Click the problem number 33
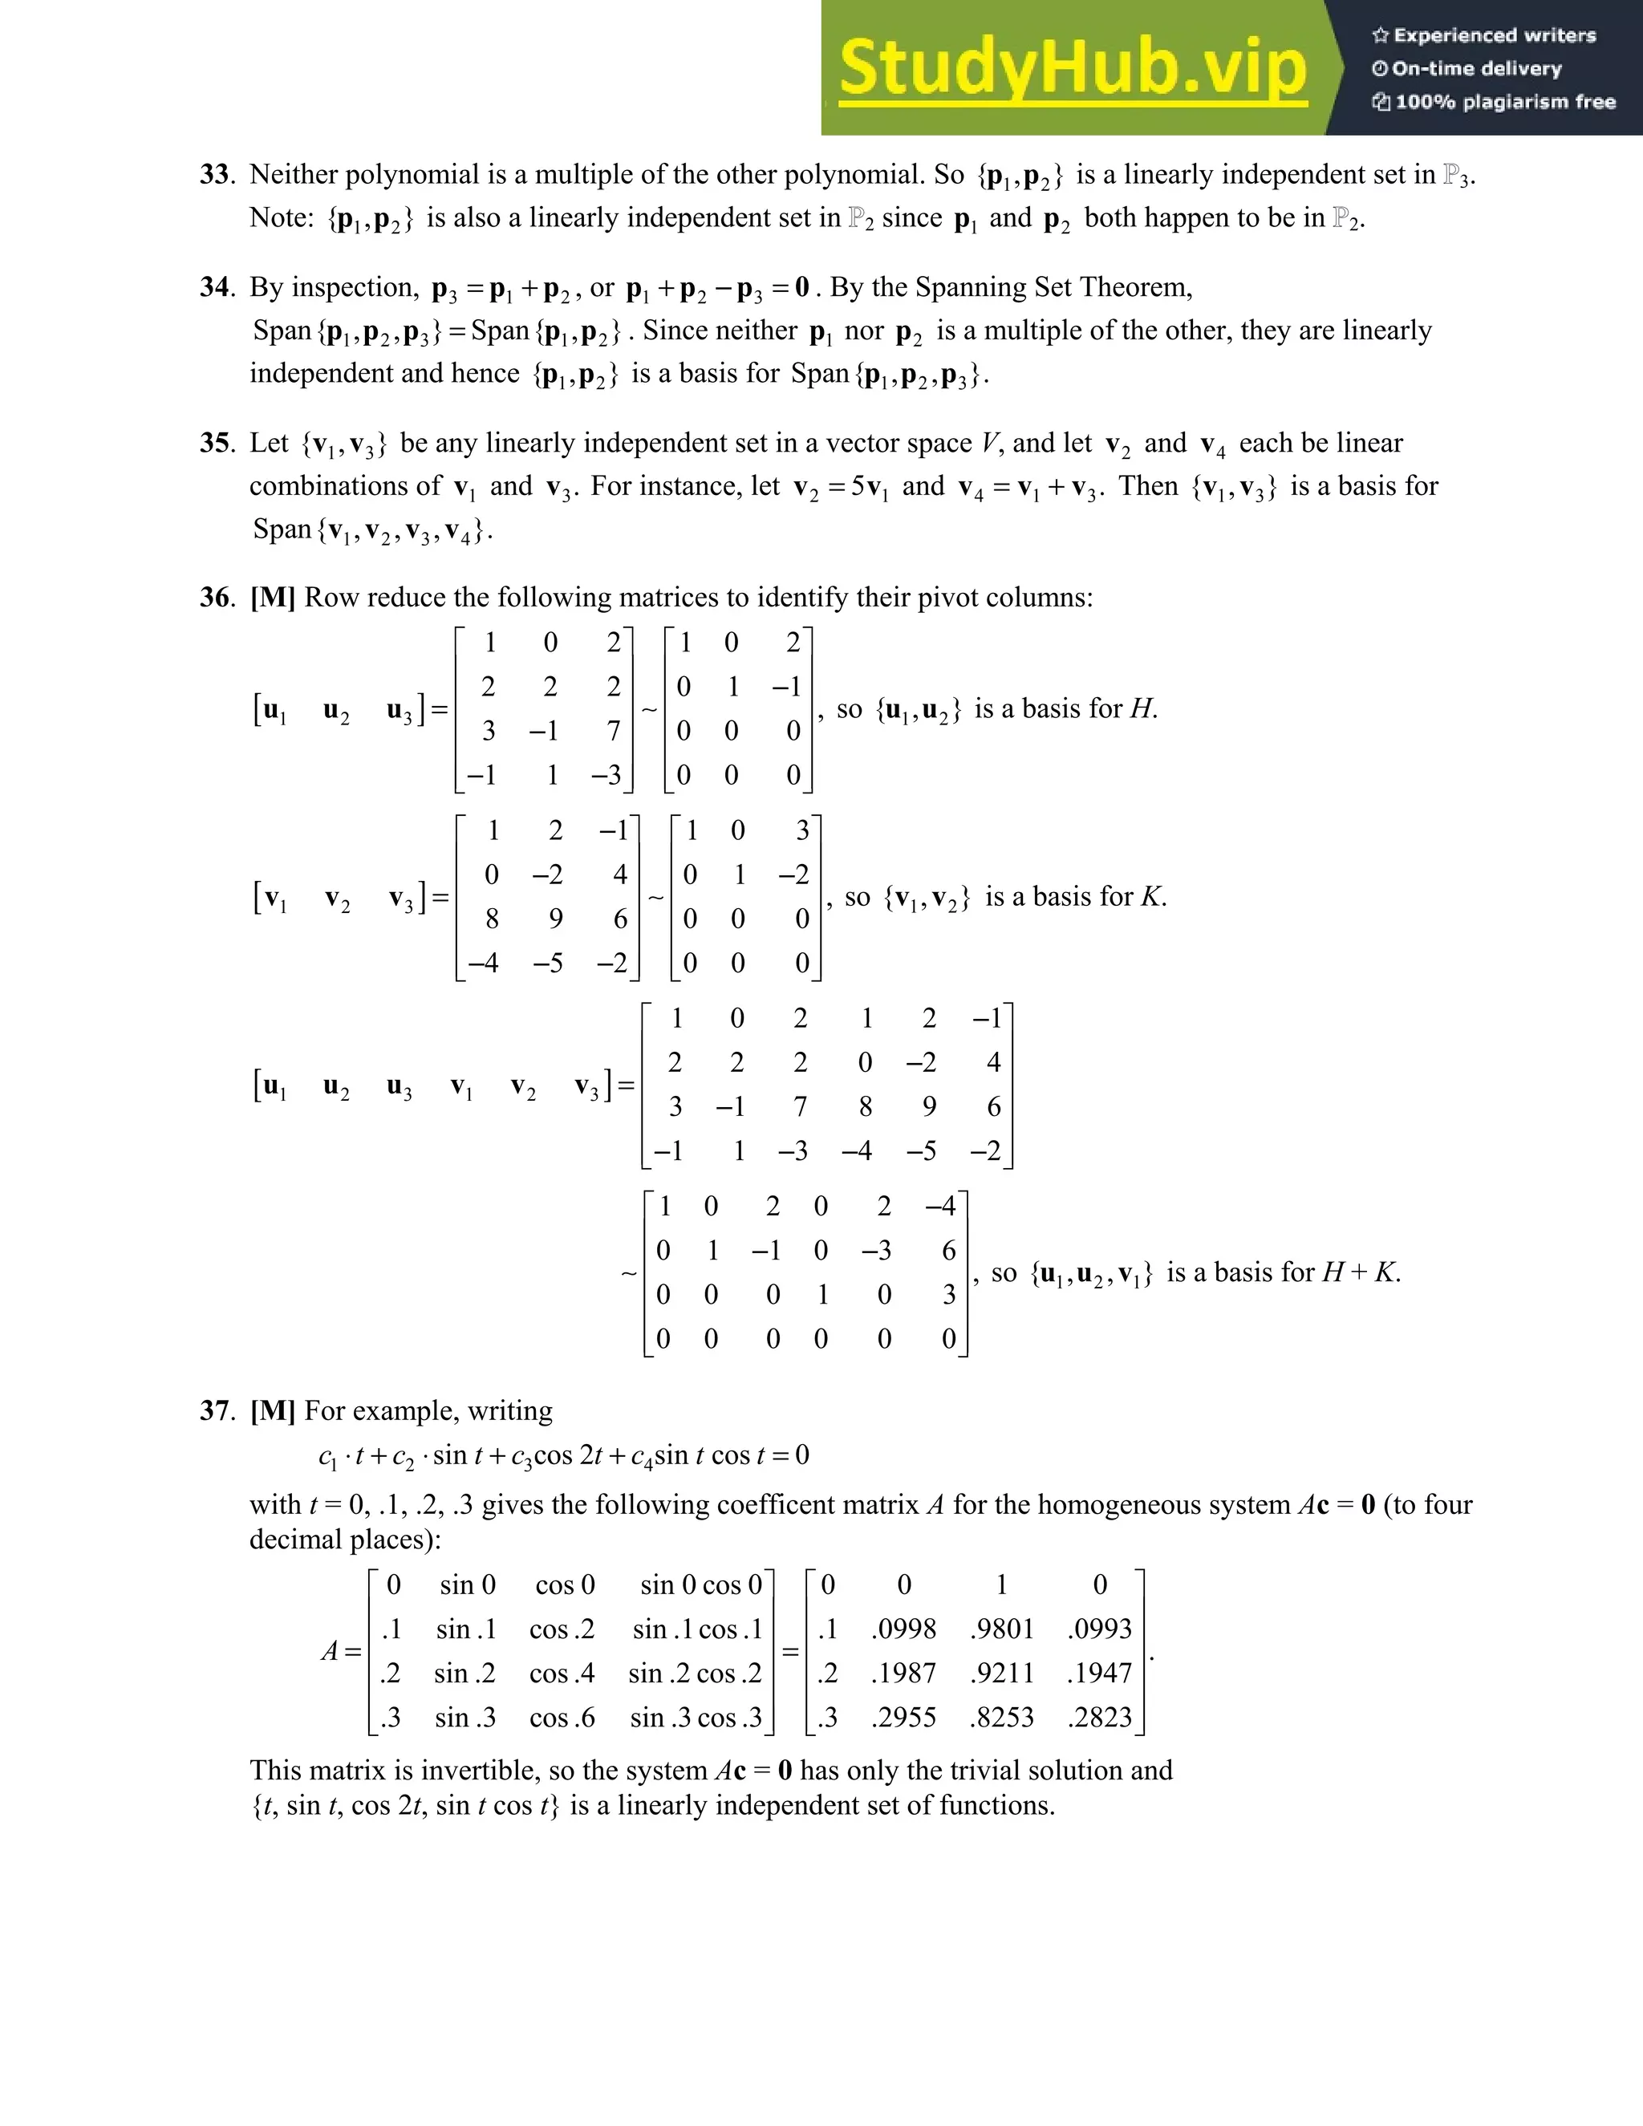(x=214, y=174)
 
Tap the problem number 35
(x=214, y=443)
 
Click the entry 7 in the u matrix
(x=613, y=731)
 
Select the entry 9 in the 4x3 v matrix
(x=556, y=919)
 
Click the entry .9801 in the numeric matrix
(x=1001, y=1629)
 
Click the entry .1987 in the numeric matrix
(x=903, y=1674)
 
